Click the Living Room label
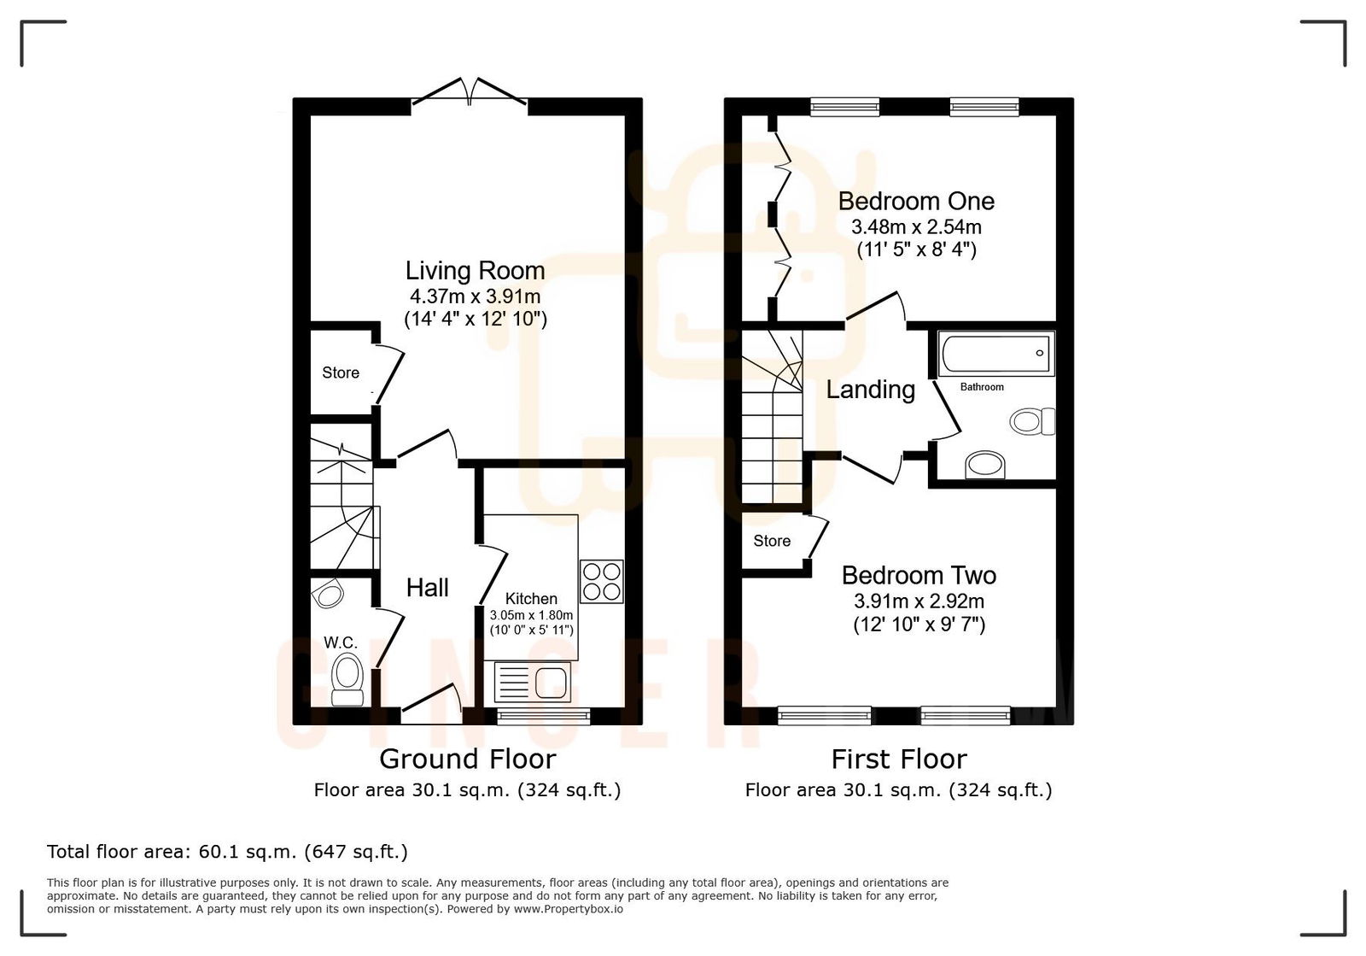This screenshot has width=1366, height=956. tap(475, 271)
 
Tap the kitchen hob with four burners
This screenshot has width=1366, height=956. tap(601, 581)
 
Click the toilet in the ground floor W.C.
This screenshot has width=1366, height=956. tap(347, 679)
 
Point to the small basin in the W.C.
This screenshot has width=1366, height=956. tap(326, 592)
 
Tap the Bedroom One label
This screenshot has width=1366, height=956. tap(916, 202)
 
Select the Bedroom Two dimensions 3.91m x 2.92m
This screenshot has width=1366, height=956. tap(919, 601)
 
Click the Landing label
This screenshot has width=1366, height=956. tap(870, 390)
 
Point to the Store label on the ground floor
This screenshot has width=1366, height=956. tap(341, 372)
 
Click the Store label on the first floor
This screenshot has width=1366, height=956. tap(772, 541)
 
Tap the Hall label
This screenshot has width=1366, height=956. tap(427, 588)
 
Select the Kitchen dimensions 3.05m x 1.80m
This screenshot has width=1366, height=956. tap(531, 615)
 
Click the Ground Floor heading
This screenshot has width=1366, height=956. tap(467, 759)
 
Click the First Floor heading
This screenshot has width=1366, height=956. tap(899, 759)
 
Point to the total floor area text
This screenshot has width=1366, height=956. tap(227, 852)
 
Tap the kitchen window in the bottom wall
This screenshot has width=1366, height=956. tap(544, 715)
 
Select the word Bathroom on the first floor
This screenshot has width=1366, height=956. tap(982, 387)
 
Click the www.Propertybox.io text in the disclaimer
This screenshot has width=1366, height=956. tap(568, 909)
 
